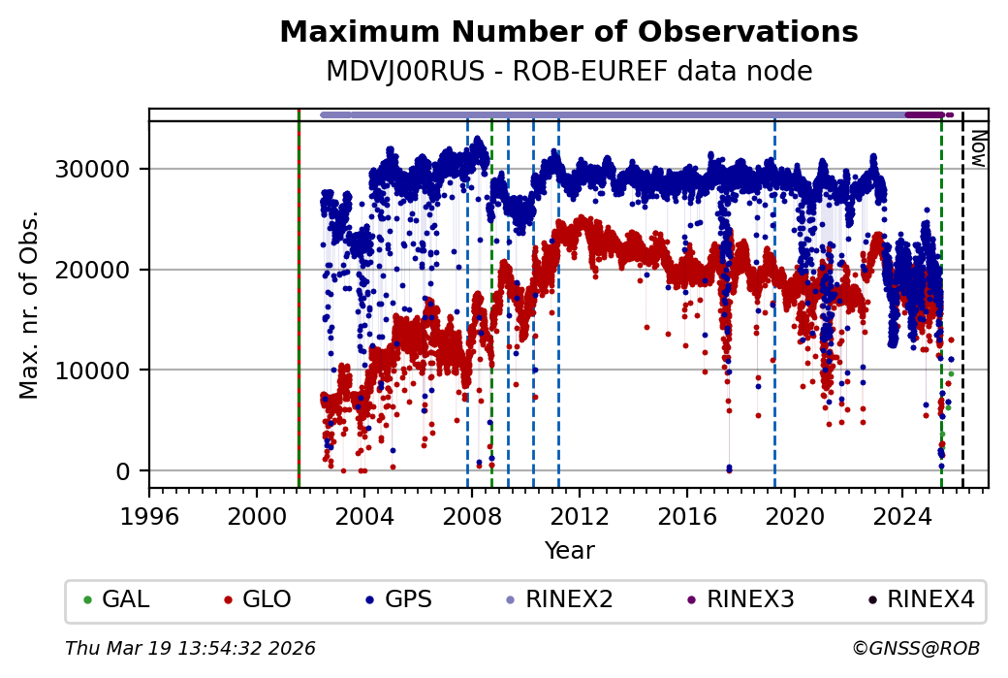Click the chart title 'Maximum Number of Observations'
pos(568,33)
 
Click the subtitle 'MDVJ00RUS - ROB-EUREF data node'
pos(568,72)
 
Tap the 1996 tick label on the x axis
pos(149,513)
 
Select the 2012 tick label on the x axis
pos(580,513)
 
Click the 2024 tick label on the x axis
pos(902,513)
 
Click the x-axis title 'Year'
pos(569,551)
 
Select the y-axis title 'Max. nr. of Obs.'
pos(30,305)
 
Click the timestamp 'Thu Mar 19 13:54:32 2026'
pos(190,648)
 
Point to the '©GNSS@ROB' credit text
pos(915,648)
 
